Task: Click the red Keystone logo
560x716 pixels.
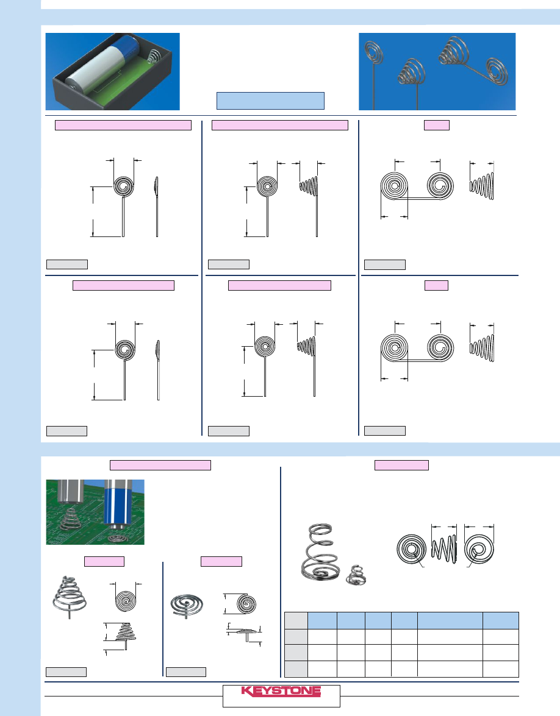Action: tap(281, 691)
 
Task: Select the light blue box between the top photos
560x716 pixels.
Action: tap(270, 101)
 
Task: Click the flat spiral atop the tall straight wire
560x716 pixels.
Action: tap(374, 52)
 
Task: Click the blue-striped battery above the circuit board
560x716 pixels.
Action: tap(118, 504)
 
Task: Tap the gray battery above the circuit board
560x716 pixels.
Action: tap(70, 491)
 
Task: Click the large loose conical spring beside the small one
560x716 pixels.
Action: tap(321, 552)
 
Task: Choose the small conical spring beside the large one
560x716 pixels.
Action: tap(356, 575)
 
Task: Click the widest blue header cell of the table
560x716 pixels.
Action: tap(450, 620)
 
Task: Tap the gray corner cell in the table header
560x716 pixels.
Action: tap(296, 620)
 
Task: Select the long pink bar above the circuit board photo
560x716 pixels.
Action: tap(160, 465)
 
